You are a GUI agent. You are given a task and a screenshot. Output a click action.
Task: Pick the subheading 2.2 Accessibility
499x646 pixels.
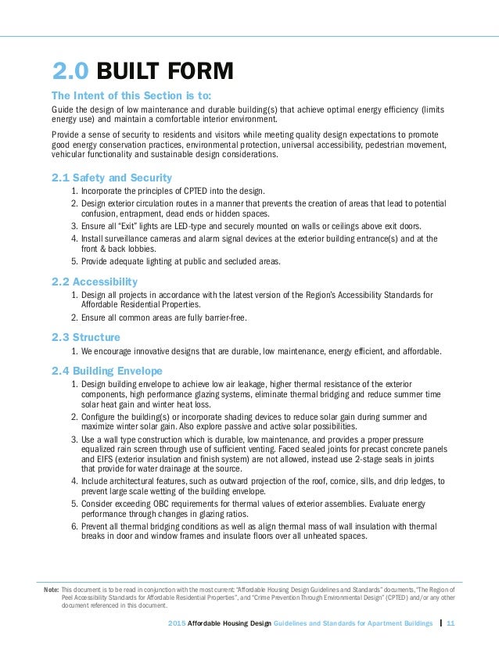(x=95, y=282)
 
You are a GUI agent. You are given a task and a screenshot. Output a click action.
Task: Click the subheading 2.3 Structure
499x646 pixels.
(x=86, y=337)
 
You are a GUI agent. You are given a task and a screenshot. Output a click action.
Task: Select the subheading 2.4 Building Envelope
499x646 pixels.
(x=107, y=369)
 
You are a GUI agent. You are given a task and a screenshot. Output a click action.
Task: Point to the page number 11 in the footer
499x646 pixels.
(x=451, y=624)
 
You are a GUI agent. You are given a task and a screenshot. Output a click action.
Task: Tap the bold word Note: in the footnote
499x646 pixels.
(x=50, y=587)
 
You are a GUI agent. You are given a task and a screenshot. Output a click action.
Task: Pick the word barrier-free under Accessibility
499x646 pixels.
(x=222, y=318)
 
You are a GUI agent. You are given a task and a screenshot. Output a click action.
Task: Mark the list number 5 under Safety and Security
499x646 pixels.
(x=74, y=260)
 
